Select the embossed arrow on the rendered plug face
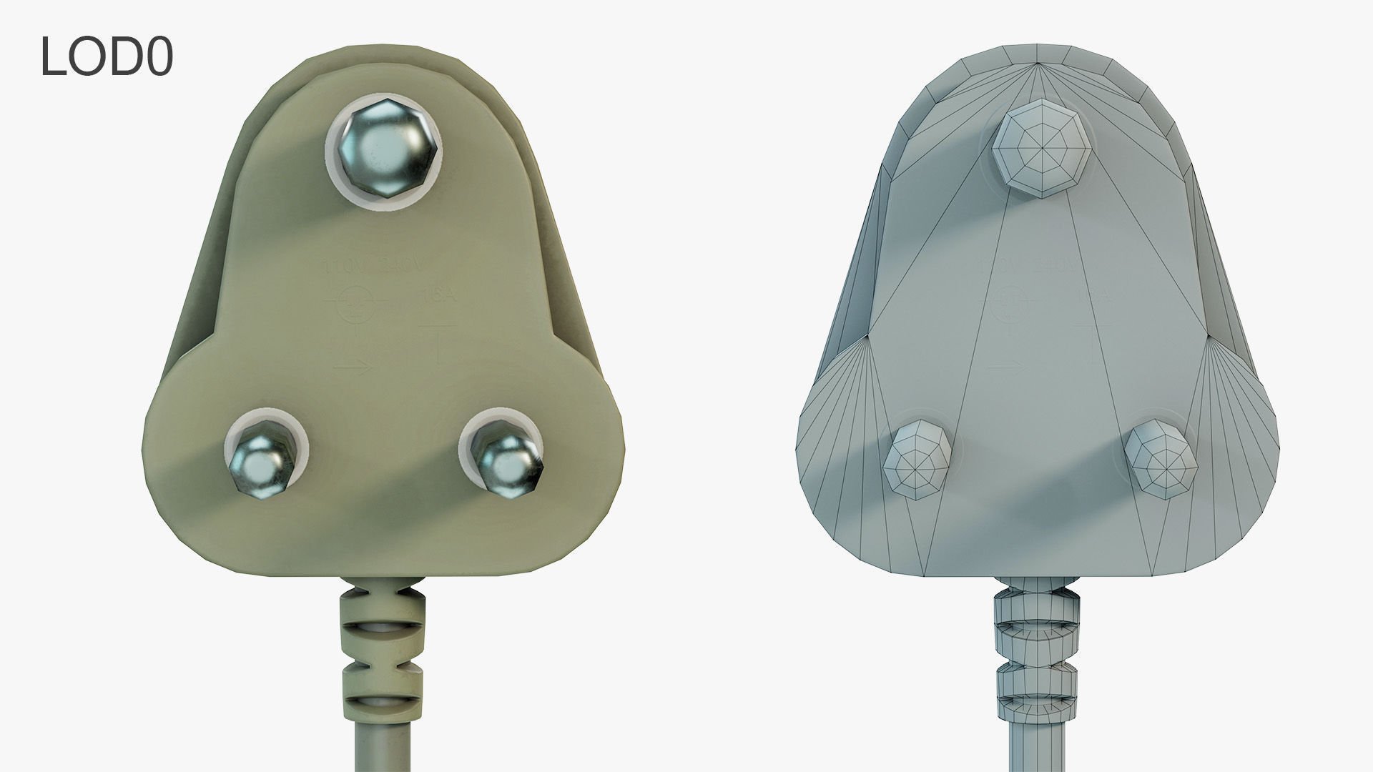point(353,367)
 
